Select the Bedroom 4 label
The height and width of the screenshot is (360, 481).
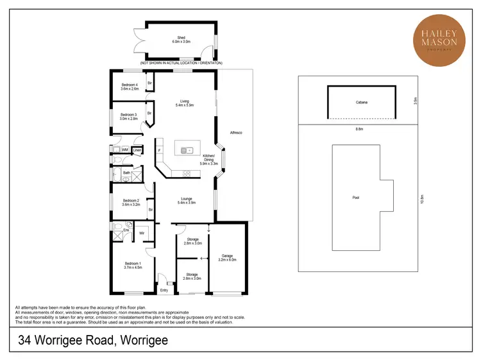[x=130, y=87]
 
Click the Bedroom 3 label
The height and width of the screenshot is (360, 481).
[x=130, y=116]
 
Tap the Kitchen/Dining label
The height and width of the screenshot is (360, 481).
[x=210, y=160]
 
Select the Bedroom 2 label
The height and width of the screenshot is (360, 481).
[x=131, y=203]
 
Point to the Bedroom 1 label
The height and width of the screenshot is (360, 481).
[x=132, y=266]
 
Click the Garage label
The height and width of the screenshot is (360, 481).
[x=228, y=257]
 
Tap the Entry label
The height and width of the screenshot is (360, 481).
[x=164, y=289]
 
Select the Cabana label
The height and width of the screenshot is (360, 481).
[x=362, y=103]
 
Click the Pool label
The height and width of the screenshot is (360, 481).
[x=356, y=198]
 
